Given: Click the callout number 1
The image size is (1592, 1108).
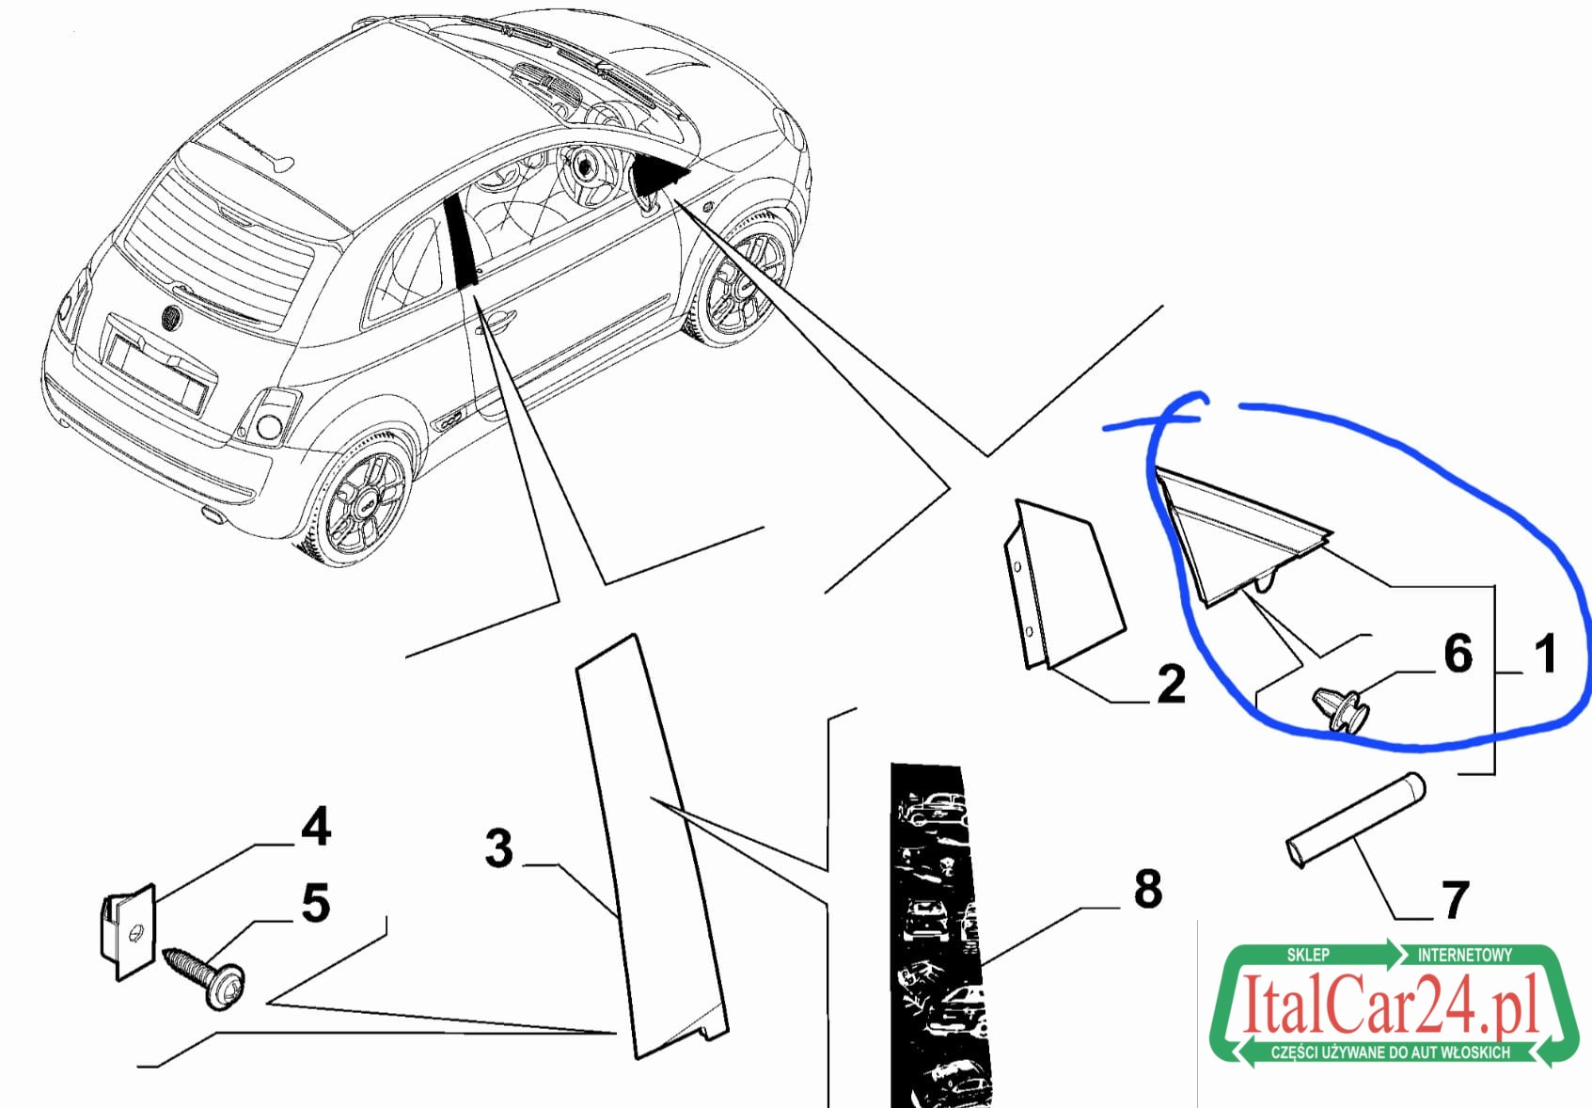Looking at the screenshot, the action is [1546, 655].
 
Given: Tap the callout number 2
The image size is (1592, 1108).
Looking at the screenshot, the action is [1172, 684].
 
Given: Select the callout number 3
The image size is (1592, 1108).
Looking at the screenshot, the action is [499, 847].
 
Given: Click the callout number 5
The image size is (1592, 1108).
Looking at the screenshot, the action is [316, 903].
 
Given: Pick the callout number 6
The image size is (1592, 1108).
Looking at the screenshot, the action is [1458, 653].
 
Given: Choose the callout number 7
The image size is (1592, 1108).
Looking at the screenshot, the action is [1454, 900].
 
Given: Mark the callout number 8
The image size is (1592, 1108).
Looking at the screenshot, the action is [1148, 888].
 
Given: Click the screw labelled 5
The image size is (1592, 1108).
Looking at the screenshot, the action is [205, 977].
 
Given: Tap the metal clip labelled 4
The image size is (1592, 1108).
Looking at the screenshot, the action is [127, 932].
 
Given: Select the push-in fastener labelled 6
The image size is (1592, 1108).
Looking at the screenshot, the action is [1341, 708].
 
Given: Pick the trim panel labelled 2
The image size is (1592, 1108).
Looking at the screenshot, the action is [1064, 584].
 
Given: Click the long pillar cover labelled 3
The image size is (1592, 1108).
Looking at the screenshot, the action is [651, 846].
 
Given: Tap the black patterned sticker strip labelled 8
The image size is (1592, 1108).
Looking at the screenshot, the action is [940, 935].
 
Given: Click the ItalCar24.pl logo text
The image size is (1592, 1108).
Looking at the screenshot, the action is [1390, 1004].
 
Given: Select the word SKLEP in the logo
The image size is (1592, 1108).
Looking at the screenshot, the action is [1308, 955].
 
